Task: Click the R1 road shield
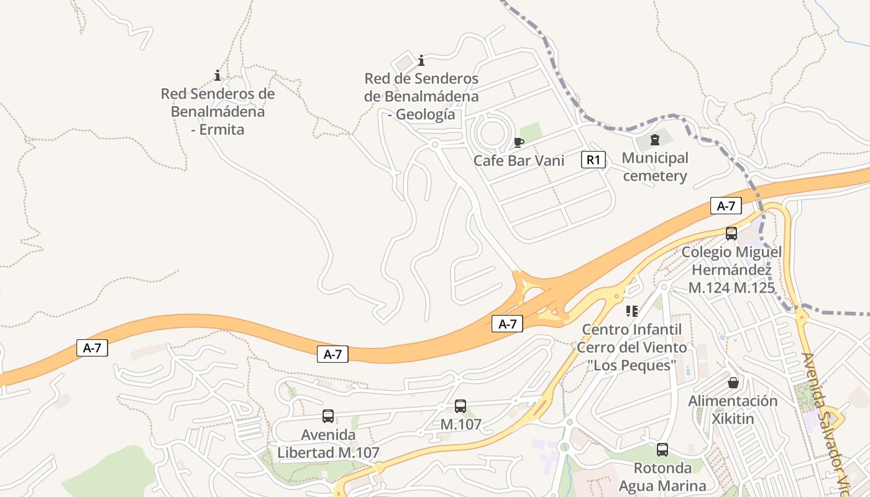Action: coord(593,160)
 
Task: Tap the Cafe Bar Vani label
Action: coord(519,161)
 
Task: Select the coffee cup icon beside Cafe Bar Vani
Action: coord(519,143)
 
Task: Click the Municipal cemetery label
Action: coord(655,167)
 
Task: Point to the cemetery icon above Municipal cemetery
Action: coord(655,140)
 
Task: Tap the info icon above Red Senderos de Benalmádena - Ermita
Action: coord(217,75)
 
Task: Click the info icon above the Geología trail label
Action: coord(421,60)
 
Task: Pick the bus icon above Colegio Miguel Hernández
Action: coord(731,234)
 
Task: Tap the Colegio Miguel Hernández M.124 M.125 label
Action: coord(731,270)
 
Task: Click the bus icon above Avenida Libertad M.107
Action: coord(328,416)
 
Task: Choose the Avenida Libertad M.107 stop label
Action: coord(328,444)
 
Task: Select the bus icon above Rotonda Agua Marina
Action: coord(662,450)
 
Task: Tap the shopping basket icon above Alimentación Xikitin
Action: coord(733,382)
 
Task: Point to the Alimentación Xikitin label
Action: coord(733,409)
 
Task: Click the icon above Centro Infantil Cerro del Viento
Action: coord(632,311)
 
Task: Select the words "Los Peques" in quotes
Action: coord(632,365)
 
